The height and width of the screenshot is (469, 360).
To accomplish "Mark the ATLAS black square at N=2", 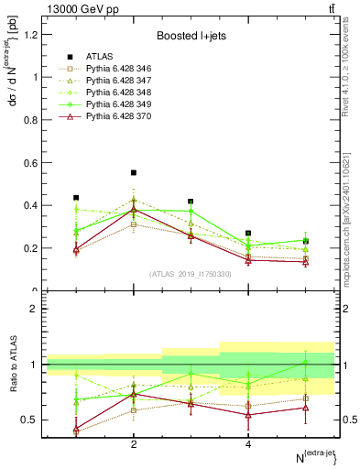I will click(x=134, y=172).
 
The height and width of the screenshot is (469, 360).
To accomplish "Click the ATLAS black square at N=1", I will click(x=76, y=198).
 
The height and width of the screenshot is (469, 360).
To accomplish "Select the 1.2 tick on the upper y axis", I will click(x=33, y=35).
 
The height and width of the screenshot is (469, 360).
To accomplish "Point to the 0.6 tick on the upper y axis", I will click(x=33, y=163).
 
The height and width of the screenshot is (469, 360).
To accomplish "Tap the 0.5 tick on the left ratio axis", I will click(x=33, y=420).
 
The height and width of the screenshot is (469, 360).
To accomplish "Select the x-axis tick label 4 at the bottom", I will click(x=248, y=445).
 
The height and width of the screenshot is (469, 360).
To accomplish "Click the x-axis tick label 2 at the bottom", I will click(x=134, y=445).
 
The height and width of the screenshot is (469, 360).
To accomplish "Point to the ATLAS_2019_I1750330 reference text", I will click(x=191, y=273).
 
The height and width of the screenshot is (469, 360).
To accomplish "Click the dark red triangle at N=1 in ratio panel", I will click(x=76, y=429).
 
